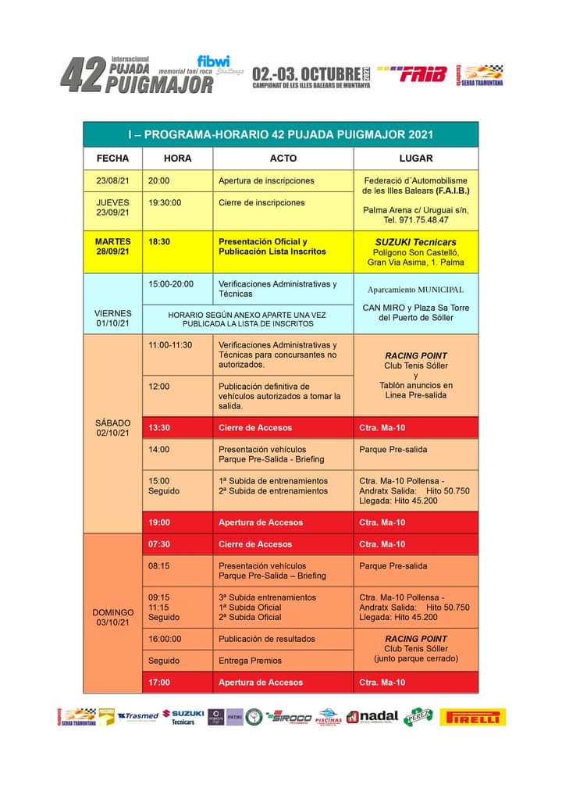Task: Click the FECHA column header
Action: coord(112,158)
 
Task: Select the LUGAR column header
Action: coord(415,158)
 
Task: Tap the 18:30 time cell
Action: coord(159,242)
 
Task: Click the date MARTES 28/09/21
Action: coord(112,247)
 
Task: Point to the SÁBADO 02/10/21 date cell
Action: coord(112,427)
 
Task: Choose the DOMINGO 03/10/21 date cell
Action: coord(112,617)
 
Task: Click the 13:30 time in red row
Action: coord(159,428)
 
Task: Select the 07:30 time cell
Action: coord(159,544)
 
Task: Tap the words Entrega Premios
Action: coord(250,661)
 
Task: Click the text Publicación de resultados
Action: coord(266,639)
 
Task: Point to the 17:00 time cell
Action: coord(159,683)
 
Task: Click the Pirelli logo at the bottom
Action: coord(472,717)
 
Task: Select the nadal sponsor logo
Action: coord(372,717)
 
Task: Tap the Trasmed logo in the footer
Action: coord(138,716)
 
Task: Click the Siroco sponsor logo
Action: coord(288,717)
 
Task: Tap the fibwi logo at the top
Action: coord(213,61)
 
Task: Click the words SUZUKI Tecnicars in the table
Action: coord(415,242)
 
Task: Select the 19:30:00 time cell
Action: coord(165,202)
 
